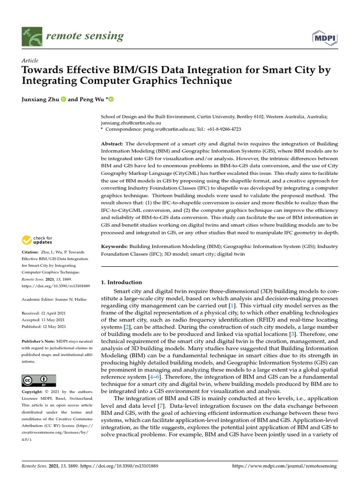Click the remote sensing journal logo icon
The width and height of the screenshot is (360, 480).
pyautogui.click(x=32, y=36)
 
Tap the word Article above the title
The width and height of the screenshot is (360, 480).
pyautogui.click(x=30, y=60)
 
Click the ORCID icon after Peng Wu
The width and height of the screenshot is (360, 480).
pyautogui.click(x=112, y=99)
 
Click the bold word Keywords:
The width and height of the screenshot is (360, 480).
pyautogui.click(x=114, y=246)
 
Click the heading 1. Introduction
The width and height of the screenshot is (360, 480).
pyautogui.click(x=121, y=282)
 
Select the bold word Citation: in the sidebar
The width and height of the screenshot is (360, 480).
pyautogui.click(x=32, y=252)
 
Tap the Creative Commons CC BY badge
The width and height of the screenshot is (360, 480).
pyautogui.click(x=39, y=380)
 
